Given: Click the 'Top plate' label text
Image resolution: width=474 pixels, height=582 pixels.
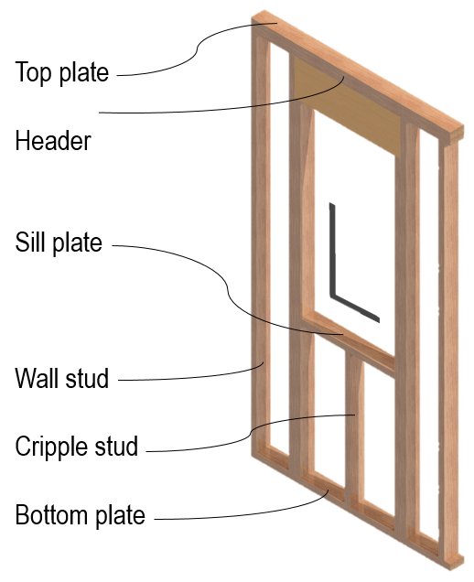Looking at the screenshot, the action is [62, 72].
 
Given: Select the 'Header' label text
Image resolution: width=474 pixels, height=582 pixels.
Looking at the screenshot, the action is [53, 141].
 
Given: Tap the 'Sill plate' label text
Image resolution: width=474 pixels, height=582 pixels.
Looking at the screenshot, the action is [59, 243].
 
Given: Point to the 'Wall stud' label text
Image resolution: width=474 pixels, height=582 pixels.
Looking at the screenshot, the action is [62, 378].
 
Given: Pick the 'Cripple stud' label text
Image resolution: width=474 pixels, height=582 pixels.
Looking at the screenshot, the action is [77, 447].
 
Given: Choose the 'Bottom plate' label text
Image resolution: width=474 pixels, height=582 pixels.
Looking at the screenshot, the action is [81, 515].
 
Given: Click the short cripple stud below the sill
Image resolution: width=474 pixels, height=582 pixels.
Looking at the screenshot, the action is [355, 426].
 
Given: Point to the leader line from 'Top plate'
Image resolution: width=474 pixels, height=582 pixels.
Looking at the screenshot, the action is [196, 50].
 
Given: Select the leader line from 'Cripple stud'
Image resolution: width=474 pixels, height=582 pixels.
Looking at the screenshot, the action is [251, 433].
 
